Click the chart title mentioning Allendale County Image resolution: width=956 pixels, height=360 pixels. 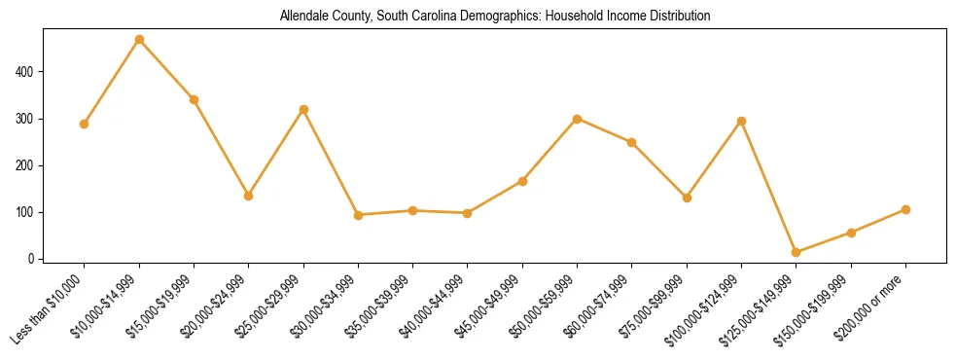[x=495, y=17]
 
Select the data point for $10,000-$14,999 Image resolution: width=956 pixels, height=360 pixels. [x=139, y=40]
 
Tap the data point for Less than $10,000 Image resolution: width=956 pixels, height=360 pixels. [x=85, y=125]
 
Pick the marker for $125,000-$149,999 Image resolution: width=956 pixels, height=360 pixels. [x=797, y=252]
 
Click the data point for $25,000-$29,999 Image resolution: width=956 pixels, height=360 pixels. [x=303, y=110]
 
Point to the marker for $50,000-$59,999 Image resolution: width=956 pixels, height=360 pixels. [x=578, y=119]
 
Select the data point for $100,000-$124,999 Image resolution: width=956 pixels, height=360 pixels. [x=742, y=122]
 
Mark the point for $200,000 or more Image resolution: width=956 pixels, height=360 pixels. [x=905, y=209]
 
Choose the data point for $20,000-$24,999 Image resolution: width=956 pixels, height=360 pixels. [x=249, y=196]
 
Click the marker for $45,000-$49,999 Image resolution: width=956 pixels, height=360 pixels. [x=522, y=181]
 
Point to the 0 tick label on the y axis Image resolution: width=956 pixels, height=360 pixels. [x=33, y=259]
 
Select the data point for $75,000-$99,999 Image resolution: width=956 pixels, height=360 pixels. [x=687, y=198]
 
